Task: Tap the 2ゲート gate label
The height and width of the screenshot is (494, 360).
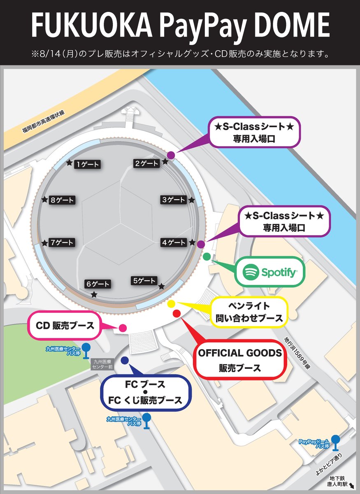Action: pyautogui.click(x=147, y=163)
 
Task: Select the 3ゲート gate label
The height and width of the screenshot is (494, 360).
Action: pyautogui.click(x=174, y=200)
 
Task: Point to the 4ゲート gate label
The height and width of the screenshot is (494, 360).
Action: pyautogui.click(x=174, y=243)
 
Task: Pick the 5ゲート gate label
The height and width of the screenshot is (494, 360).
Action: pyautogui.click(x=144, y=281)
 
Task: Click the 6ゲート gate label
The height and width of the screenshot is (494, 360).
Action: pyautogui.click(x=98, y=284)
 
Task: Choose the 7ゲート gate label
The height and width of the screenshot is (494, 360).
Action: pyautogui.click(x=62, y=242)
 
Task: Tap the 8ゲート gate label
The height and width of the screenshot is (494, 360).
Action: pyautogui.click(x=62, y=200)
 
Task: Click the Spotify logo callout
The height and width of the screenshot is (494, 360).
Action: pyautogui.click(x=269, y=272)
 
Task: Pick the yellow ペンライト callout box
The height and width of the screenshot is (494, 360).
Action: pyautogui.click(x=249, y=312)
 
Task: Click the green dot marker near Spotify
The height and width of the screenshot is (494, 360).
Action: pyautogui.click(x=207, y=257)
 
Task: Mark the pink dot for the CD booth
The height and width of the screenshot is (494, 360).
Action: pyautogui.click(x=122, y=328)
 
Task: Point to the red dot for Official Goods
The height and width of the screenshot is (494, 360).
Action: pyautogui.click(x=177, y=313)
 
